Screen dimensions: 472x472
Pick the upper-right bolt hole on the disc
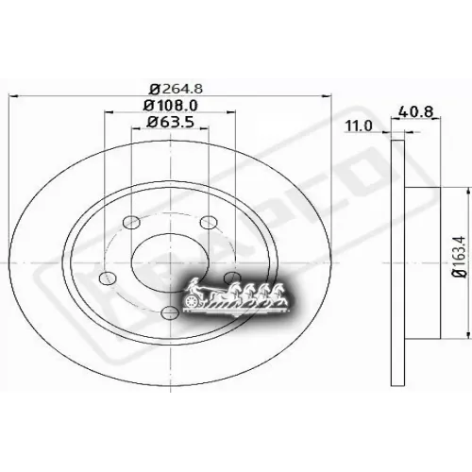(210, 223)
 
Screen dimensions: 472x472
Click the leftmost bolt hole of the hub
(106, 276)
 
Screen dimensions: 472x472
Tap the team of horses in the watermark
(251, 292)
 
